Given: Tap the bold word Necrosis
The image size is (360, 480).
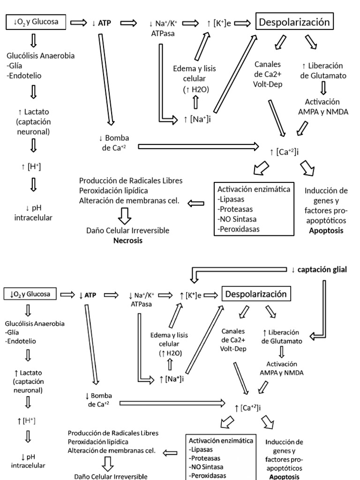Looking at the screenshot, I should coord(128,240).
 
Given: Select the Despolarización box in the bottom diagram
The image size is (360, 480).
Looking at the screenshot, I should coord(256,294).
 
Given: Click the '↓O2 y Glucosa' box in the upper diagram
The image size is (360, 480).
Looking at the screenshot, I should coord(36,22).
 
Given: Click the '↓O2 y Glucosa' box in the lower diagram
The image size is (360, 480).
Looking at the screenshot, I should coord(31,294).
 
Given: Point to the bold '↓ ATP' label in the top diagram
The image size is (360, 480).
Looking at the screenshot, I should coord(102,22).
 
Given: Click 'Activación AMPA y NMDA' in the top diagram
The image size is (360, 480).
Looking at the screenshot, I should coord(322,106).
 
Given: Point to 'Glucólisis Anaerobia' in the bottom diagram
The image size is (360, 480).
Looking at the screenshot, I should coord(35,323).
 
